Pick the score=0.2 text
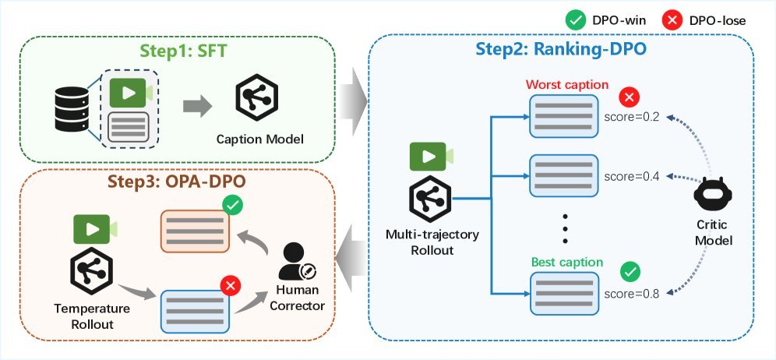[632, 117]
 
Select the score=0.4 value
[632, 176]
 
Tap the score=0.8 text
[632, 294]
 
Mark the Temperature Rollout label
[93, 316]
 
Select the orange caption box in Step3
[194, 231]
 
